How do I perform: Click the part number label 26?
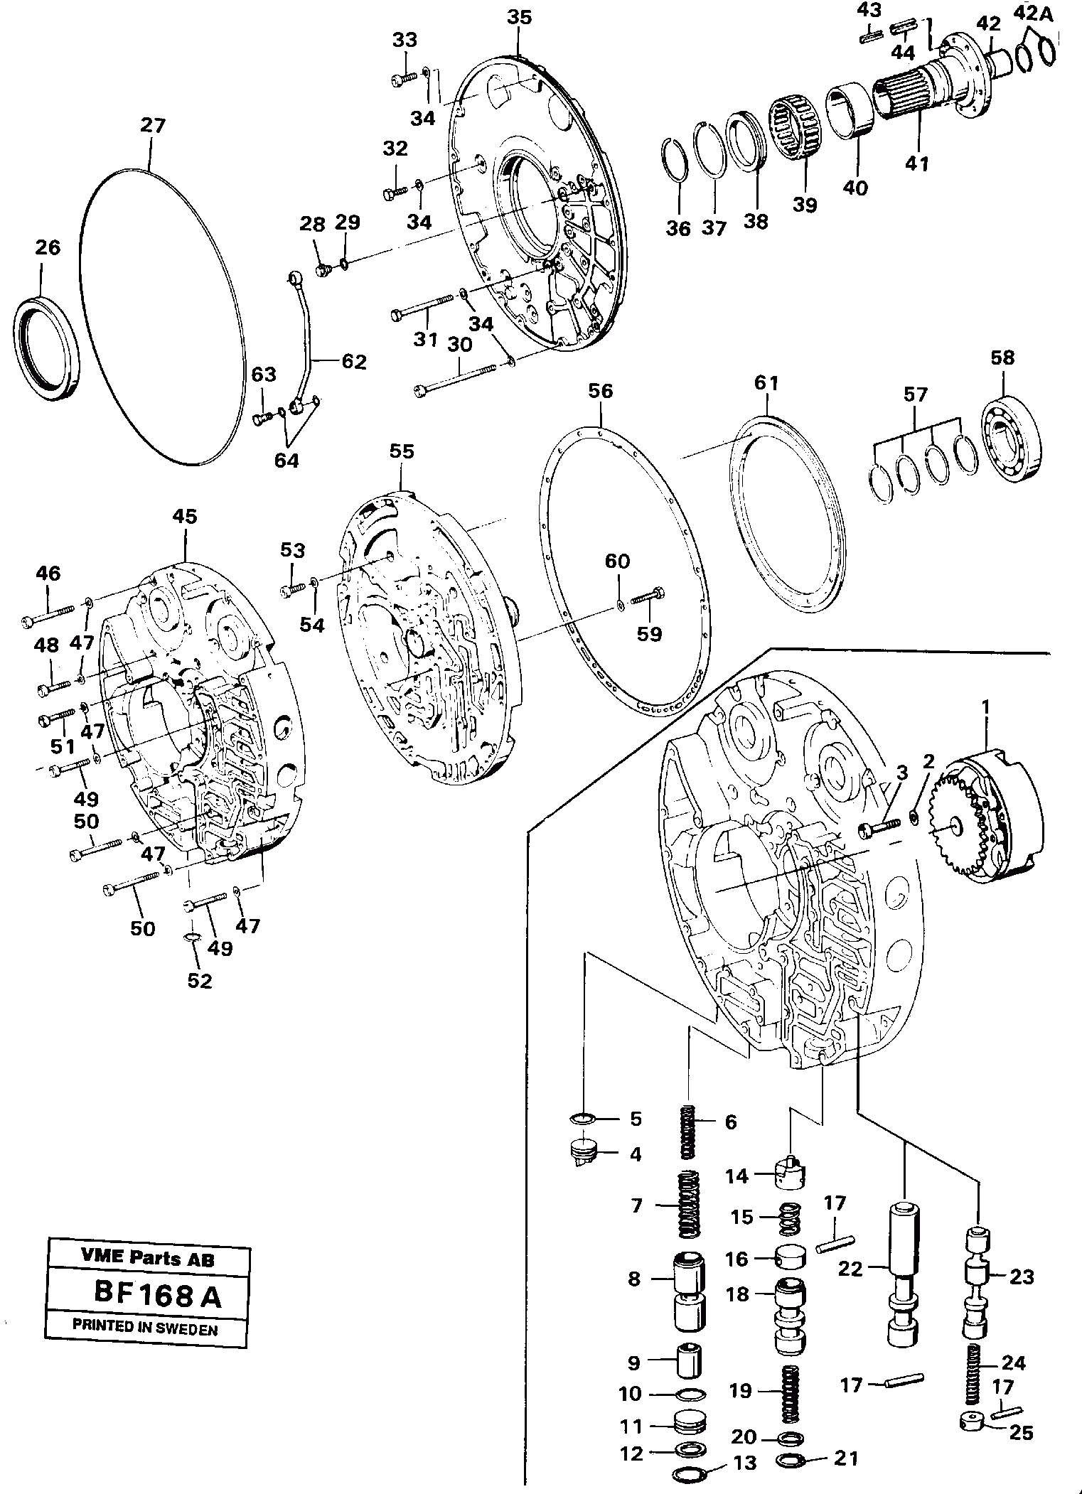coord(48,247)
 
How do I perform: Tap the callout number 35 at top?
coord(519,18)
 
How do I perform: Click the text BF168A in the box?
coord(157,1294)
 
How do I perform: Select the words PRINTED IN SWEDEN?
coord(145,1327)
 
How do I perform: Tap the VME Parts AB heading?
coord(148,1259)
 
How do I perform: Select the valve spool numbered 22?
coord(905,1269)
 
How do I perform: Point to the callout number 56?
coord(600,391)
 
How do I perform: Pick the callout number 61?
coord(766,383)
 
